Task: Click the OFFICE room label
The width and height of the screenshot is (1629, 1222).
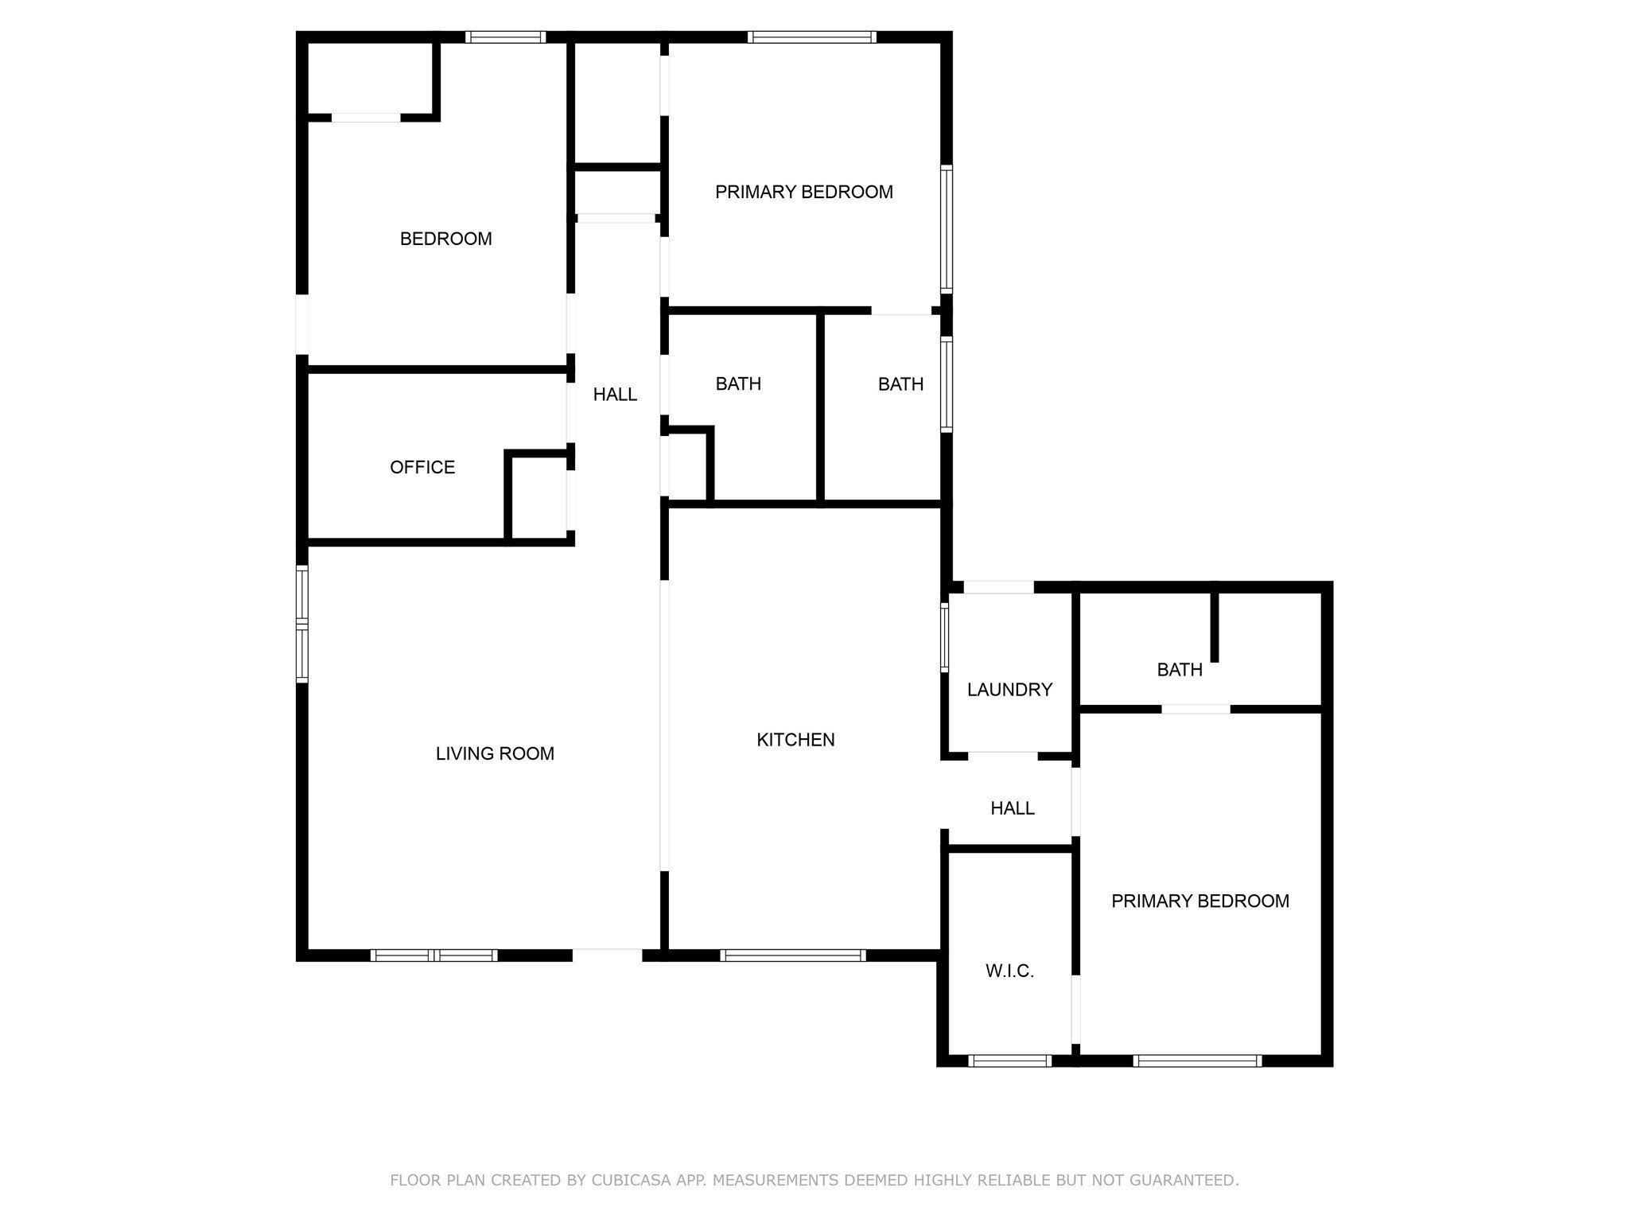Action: (x=422, y=467)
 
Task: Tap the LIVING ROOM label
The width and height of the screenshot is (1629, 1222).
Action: (x=495, y=753)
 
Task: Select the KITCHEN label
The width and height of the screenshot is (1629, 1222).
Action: (x=795, y=740)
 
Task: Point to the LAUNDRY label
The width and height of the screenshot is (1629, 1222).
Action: (x=1009, y=690)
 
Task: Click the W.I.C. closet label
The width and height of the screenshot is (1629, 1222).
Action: (x=1009, y=971)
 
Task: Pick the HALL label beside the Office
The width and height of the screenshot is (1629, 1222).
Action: (x=615, y=394)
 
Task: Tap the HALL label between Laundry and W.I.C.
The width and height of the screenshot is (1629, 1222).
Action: (x=1012, y=808)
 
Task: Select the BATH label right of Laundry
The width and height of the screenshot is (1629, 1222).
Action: (x=1180, y=670)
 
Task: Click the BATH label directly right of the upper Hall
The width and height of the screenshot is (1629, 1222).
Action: (x=738, y=384)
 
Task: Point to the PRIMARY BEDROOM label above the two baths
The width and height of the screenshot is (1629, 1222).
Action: (x=803, y=192)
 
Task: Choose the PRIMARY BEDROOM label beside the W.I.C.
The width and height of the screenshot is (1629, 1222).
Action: (x=1199, y=901)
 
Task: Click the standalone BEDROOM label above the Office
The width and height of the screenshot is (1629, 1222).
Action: (x=445, y=239)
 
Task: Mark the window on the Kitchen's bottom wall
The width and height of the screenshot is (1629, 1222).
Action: (x=792, y=955)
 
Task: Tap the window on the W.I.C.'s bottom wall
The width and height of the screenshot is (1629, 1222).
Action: (x=1009, y=1060)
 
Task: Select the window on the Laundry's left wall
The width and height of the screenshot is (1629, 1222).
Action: (x=945, y=637)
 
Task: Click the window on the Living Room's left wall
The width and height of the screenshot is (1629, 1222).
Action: (x=302, y=624)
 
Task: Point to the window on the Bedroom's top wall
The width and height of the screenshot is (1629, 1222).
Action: (x=505, y=37)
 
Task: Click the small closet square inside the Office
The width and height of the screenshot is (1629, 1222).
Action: (x=538, y=497)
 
